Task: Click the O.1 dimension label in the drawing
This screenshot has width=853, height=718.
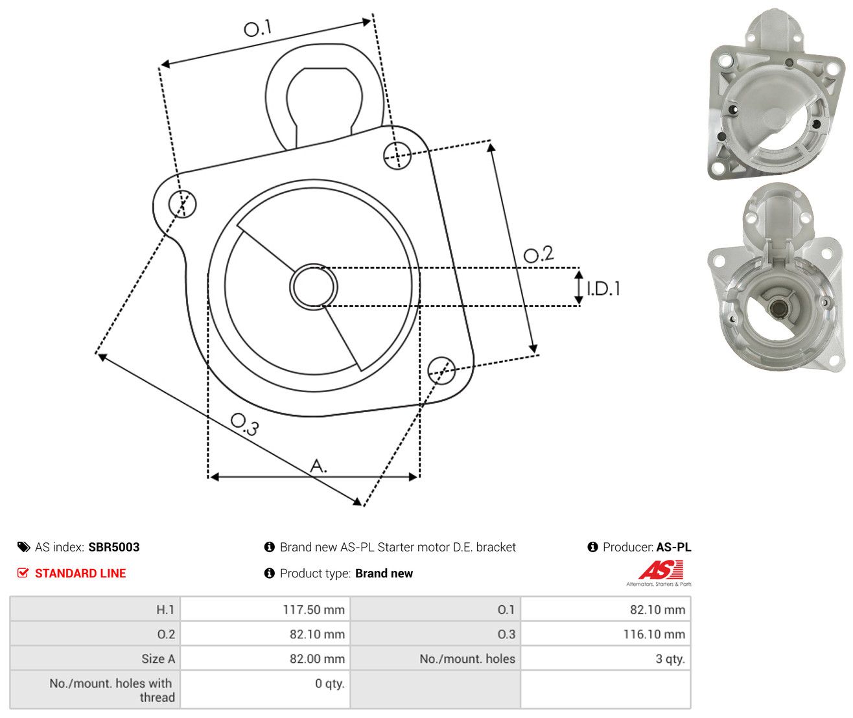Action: pyautogui.click(x=257, y=28)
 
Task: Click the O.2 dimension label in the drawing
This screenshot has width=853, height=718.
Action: pyautogui.click(x=538, y=254)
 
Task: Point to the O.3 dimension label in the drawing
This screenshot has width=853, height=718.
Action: pyautogui.click(x=244, y=424)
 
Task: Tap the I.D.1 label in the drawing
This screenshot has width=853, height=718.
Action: pyautogui.click(x=603, y=289)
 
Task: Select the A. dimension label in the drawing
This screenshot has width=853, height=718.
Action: pyautogui.click(x=318, y=465)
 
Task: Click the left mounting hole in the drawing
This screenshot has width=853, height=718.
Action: pyautogui.click(x=182, y=204)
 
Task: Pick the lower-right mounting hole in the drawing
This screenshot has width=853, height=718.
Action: pyautogui.click(x=441, y=371)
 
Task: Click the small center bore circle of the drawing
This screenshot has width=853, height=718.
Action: pyautogui.click(x=313, y=286)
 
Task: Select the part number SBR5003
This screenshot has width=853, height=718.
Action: pyautogui.click(x=114, y=547)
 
